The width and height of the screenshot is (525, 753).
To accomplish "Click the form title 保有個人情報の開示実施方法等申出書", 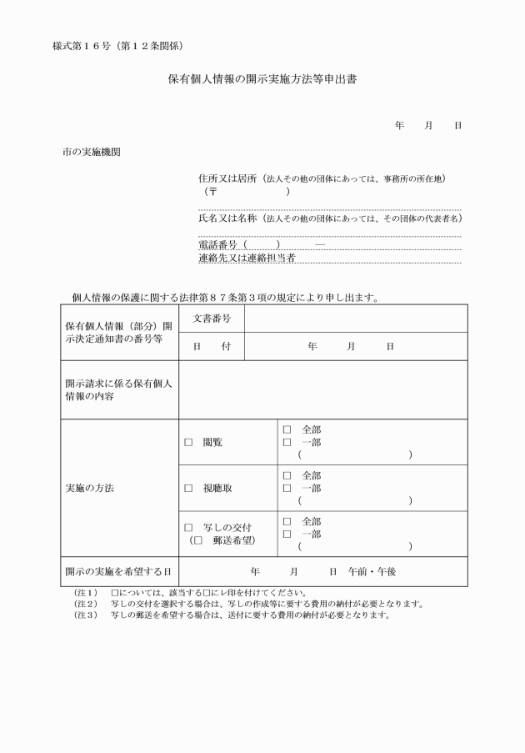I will (262, 81).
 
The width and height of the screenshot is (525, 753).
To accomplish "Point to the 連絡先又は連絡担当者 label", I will (247, 258).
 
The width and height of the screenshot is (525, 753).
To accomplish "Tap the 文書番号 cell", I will (212, 319).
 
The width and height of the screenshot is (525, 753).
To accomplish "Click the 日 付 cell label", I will (212, 346).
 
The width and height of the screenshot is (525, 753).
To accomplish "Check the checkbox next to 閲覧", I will (188, 443).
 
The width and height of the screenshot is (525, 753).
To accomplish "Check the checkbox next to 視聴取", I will (188, 489).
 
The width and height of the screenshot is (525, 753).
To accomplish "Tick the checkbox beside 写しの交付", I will (188, 528).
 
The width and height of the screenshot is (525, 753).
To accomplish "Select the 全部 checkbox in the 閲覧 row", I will (287, 430).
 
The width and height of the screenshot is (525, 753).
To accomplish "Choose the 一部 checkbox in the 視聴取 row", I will (287, 488).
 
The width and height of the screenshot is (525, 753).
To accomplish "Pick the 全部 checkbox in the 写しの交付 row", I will (287, 521).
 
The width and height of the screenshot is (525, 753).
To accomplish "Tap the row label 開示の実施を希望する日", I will (118, 572).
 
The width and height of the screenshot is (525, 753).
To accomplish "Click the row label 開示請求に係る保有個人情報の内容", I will (118, 389).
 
